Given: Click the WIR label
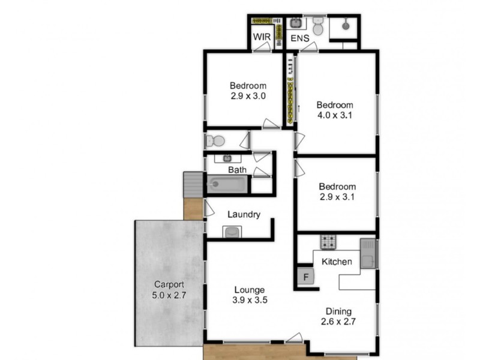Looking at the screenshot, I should (262, 38).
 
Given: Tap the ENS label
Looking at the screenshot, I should (300, 38).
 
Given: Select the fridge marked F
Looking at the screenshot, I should (305, 277).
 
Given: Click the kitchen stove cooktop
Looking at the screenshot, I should (328, 242).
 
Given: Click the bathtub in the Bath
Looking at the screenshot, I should (227, 184).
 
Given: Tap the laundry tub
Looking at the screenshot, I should (232, 232).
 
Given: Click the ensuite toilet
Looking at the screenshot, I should (318, 27).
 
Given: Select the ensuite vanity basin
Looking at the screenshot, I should (296, 23).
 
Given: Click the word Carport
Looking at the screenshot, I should (169, 284).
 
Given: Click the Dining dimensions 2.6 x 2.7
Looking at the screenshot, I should (338, 321).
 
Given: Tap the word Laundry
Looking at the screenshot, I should (244, 214).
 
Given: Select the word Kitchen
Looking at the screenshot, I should (337, 262).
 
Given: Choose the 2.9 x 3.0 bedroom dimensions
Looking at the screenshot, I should (247, 95).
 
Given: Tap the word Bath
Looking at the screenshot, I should (237, 170).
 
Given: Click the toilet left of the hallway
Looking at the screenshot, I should (215, 141).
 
